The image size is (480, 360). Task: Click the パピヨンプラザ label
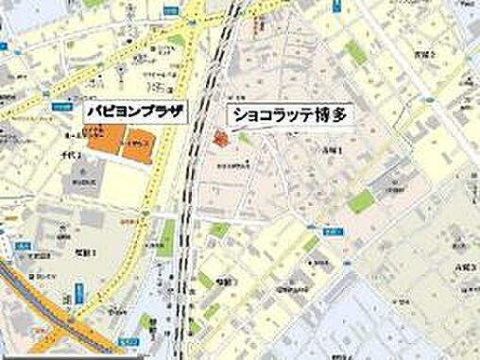click(x=131, y=109)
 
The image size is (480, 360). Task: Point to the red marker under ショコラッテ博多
click(x=221, y=141)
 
